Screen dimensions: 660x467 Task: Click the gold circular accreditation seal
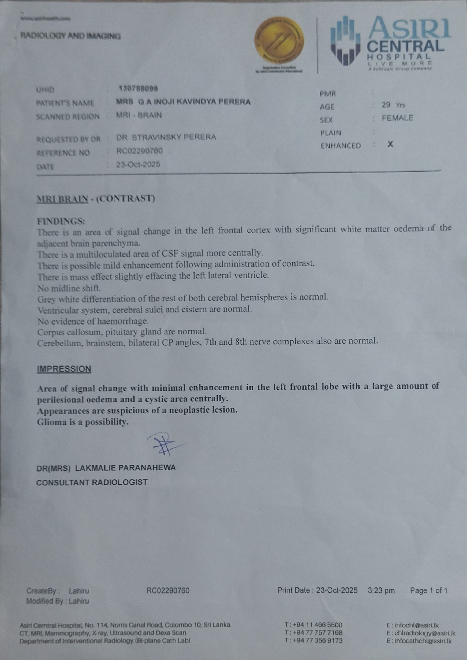coord(279,42)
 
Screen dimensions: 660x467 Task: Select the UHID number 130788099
coord(138,89)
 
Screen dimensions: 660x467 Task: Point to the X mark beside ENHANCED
coord(390,144)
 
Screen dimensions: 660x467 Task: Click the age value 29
coord(386,105)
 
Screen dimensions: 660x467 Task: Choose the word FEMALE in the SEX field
coord(397,118)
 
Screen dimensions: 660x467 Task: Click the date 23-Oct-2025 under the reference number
coord(138,165)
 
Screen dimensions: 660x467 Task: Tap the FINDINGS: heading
coord(61,221)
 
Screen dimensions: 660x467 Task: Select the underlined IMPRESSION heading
coord(64,369)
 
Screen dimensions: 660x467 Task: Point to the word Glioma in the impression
coord(50,422)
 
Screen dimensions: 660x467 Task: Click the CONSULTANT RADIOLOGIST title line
coord(92,482)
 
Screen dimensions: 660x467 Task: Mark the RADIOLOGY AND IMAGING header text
coord(70,36)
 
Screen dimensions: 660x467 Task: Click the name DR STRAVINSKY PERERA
coord(166,137)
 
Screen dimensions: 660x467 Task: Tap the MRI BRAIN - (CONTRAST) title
coord(96,199)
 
